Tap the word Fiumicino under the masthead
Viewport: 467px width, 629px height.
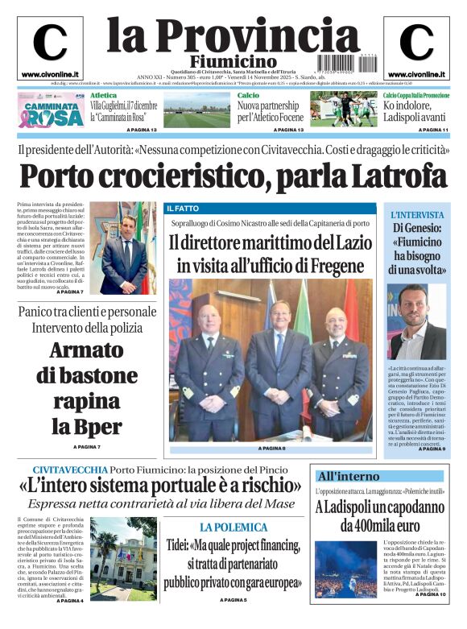coord(233,62)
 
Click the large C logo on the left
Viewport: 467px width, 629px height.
coord(50,42)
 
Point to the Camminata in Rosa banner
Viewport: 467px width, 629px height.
coord(52,113)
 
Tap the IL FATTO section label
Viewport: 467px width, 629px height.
coord(182,209)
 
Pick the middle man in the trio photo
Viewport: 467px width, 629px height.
coord(277,354)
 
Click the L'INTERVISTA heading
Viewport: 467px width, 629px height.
coord(417,215)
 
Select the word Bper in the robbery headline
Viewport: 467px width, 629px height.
coord(97,426)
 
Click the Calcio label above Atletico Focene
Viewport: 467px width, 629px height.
coord(248,95)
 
